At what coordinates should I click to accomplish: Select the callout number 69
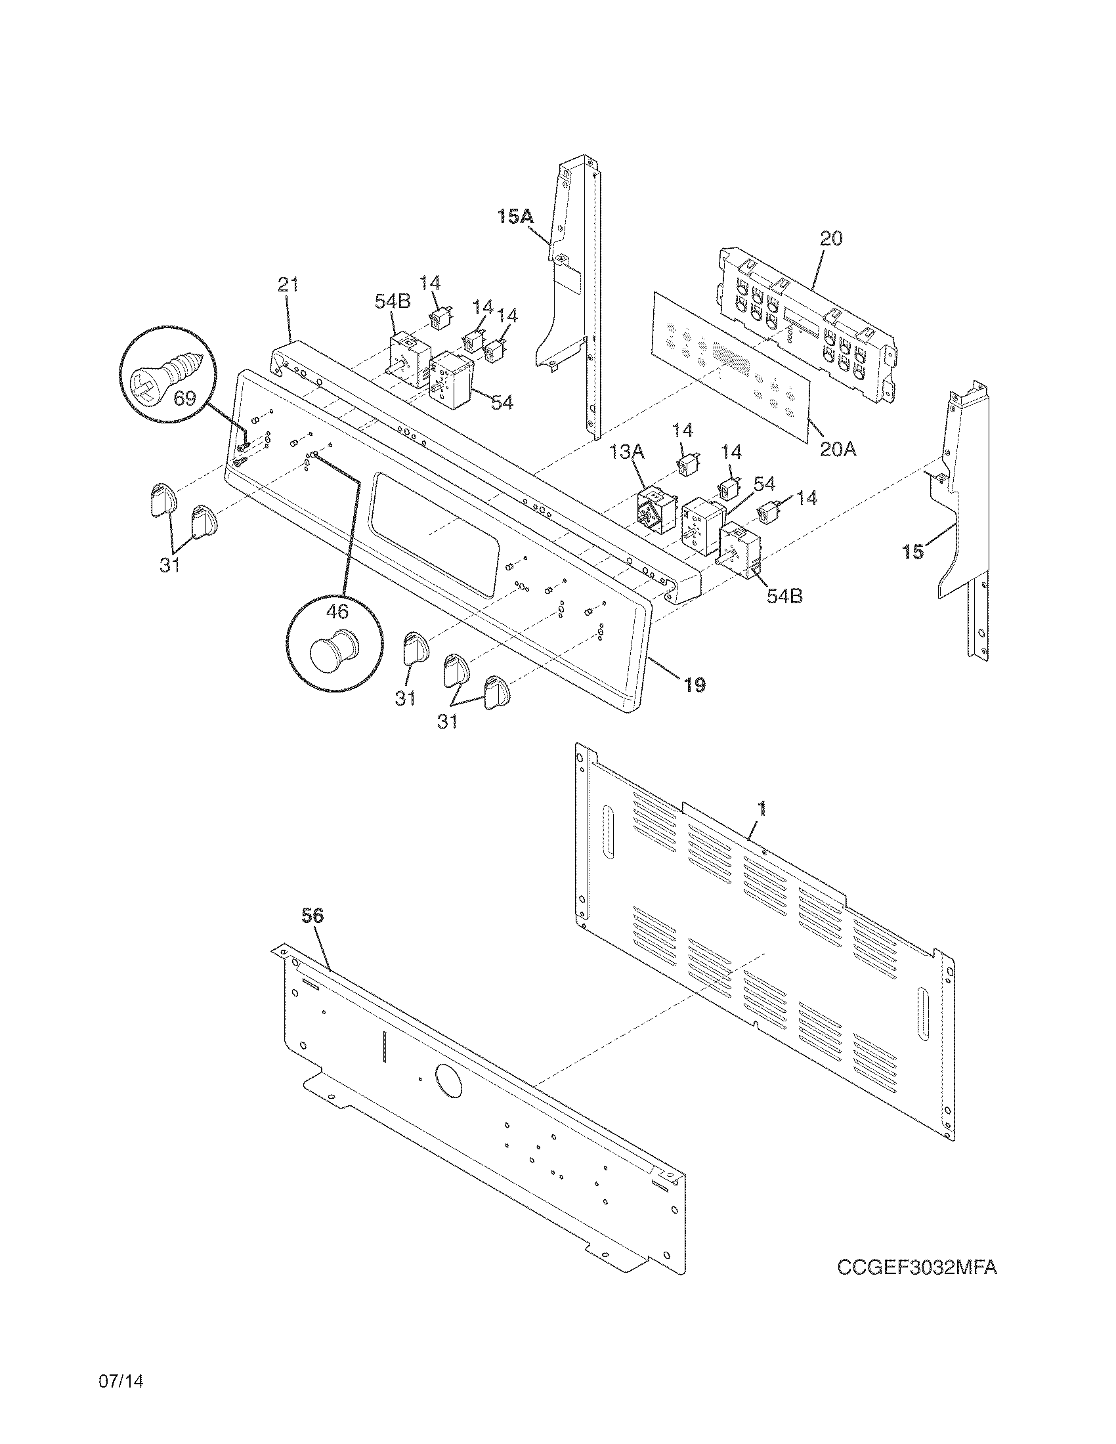185,398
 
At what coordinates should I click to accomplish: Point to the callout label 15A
515,216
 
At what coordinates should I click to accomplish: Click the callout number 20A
838,450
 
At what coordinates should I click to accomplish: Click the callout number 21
288,285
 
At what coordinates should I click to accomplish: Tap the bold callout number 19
694,685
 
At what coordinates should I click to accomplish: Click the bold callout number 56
312,916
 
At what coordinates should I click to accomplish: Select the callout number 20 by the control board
831,238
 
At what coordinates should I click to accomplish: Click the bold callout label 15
913,552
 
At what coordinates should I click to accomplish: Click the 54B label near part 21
392,301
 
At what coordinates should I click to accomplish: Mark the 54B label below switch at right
784,596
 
